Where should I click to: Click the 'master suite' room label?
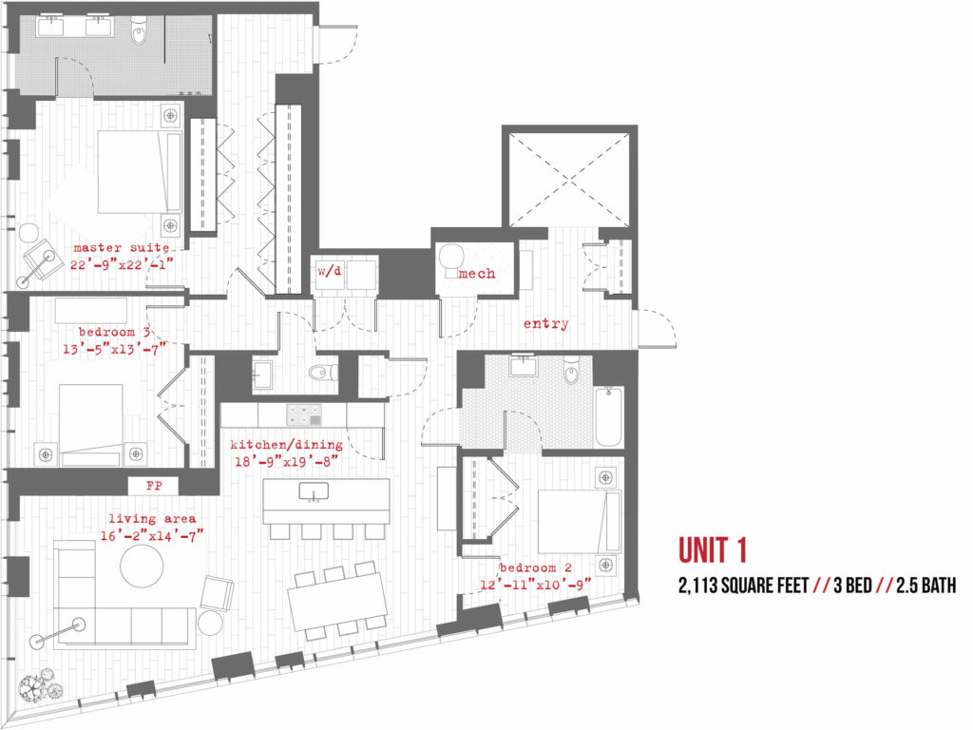[121, 248]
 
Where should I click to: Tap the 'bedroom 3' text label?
[114, 332]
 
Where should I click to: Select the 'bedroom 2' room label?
[536, 568]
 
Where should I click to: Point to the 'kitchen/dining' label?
[286, 445]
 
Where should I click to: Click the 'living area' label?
[152, 519]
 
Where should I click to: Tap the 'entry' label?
[546, 323]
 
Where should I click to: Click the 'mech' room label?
[477, 273]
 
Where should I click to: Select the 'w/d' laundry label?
[330, 271]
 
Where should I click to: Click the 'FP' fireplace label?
[154, 486]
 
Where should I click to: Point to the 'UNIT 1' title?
[713, 550]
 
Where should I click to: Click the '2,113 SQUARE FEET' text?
[743, 586]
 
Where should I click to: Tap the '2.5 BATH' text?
[925, 586]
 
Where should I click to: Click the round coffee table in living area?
[142, 567]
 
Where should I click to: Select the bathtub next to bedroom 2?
[609, 416]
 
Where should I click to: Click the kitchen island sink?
[314, 491]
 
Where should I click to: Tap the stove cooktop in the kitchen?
[304, 414]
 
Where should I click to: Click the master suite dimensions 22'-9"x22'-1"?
[122, 265]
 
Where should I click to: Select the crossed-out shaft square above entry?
[569, 180]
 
